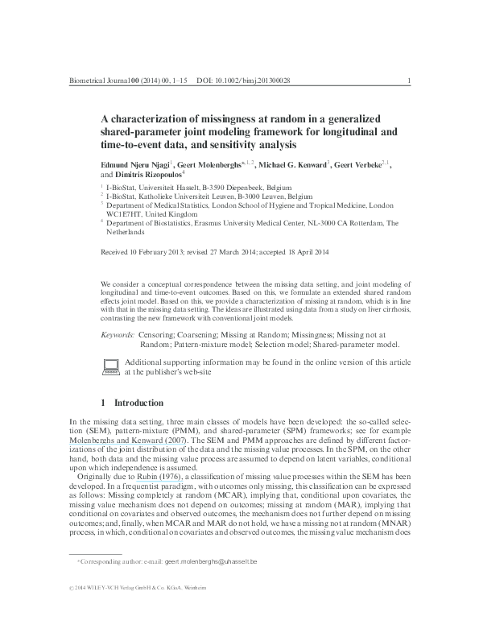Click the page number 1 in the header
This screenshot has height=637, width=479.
click(411, 81)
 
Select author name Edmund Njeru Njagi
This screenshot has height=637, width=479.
click(134, 163)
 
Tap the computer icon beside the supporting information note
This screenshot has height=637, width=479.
click(111, 367)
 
